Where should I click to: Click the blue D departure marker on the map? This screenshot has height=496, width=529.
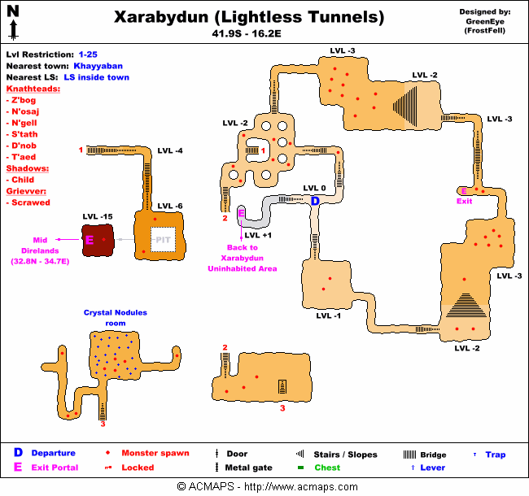[x=315, y=201]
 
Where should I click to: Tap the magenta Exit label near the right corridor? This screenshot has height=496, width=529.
[x=464, y=201]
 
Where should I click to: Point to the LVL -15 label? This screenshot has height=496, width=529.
[x=97, y=216]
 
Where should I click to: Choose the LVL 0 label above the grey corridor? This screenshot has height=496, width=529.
[x=314, y=189]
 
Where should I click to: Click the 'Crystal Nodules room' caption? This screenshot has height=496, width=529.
[x=116, y=318]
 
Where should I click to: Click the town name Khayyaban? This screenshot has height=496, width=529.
[x=100, y=63]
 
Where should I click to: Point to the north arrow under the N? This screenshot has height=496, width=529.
[x=14, y=29]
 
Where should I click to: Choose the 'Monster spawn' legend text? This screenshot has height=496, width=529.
[x=155, y=453]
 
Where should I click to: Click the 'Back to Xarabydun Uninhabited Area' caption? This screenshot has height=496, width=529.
[x=242, y=258]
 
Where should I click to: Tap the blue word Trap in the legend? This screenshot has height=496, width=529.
[x=496, y=455]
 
